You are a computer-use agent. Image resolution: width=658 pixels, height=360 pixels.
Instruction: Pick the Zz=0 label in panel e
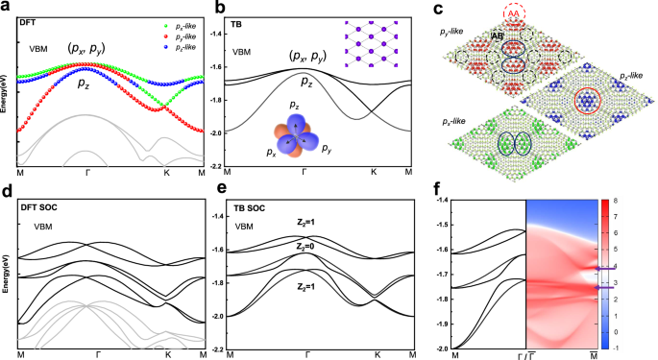coord(308,246)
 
